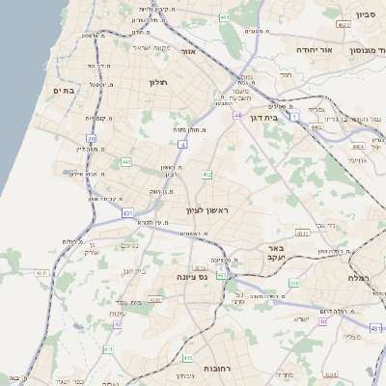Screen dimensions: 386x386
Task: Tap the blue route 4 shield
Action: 181,144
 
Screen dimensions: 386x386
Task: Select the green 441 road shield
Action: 126,162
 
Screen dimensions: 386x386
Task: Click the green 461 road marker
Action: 224,17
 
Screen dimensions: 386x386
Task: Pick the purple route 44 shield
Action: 236,115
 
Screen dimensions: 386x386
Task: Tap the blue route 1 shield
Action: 293,116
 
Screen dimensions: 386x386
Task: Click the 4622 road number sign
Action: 344,24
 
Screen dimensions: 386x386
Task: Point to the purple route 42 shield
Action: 119,324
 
